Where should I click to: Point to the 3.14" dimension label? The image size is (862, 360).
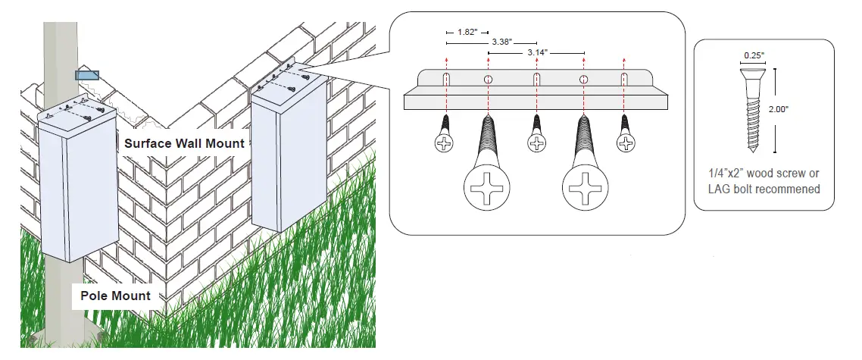pos(537,53)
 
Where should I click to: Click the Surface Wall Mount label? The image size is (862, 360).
pos(185,142)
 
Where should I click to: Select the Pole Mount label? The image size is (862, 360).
pos(116,296)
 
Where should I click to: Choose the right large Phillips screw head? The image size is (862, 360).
pos(583,186)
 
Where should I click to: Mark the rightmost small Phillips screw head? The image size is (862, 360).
pos(626,142)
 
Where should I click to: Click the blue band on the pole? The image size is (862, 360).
pos(86,75)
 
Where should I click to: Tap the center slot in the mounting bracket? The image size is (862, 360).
pos(537,79)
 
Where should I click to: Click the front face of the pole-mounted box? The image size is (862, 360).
pos(92,196)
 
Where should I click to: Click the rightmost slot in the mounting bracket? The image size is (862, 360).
pos(626,79)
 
